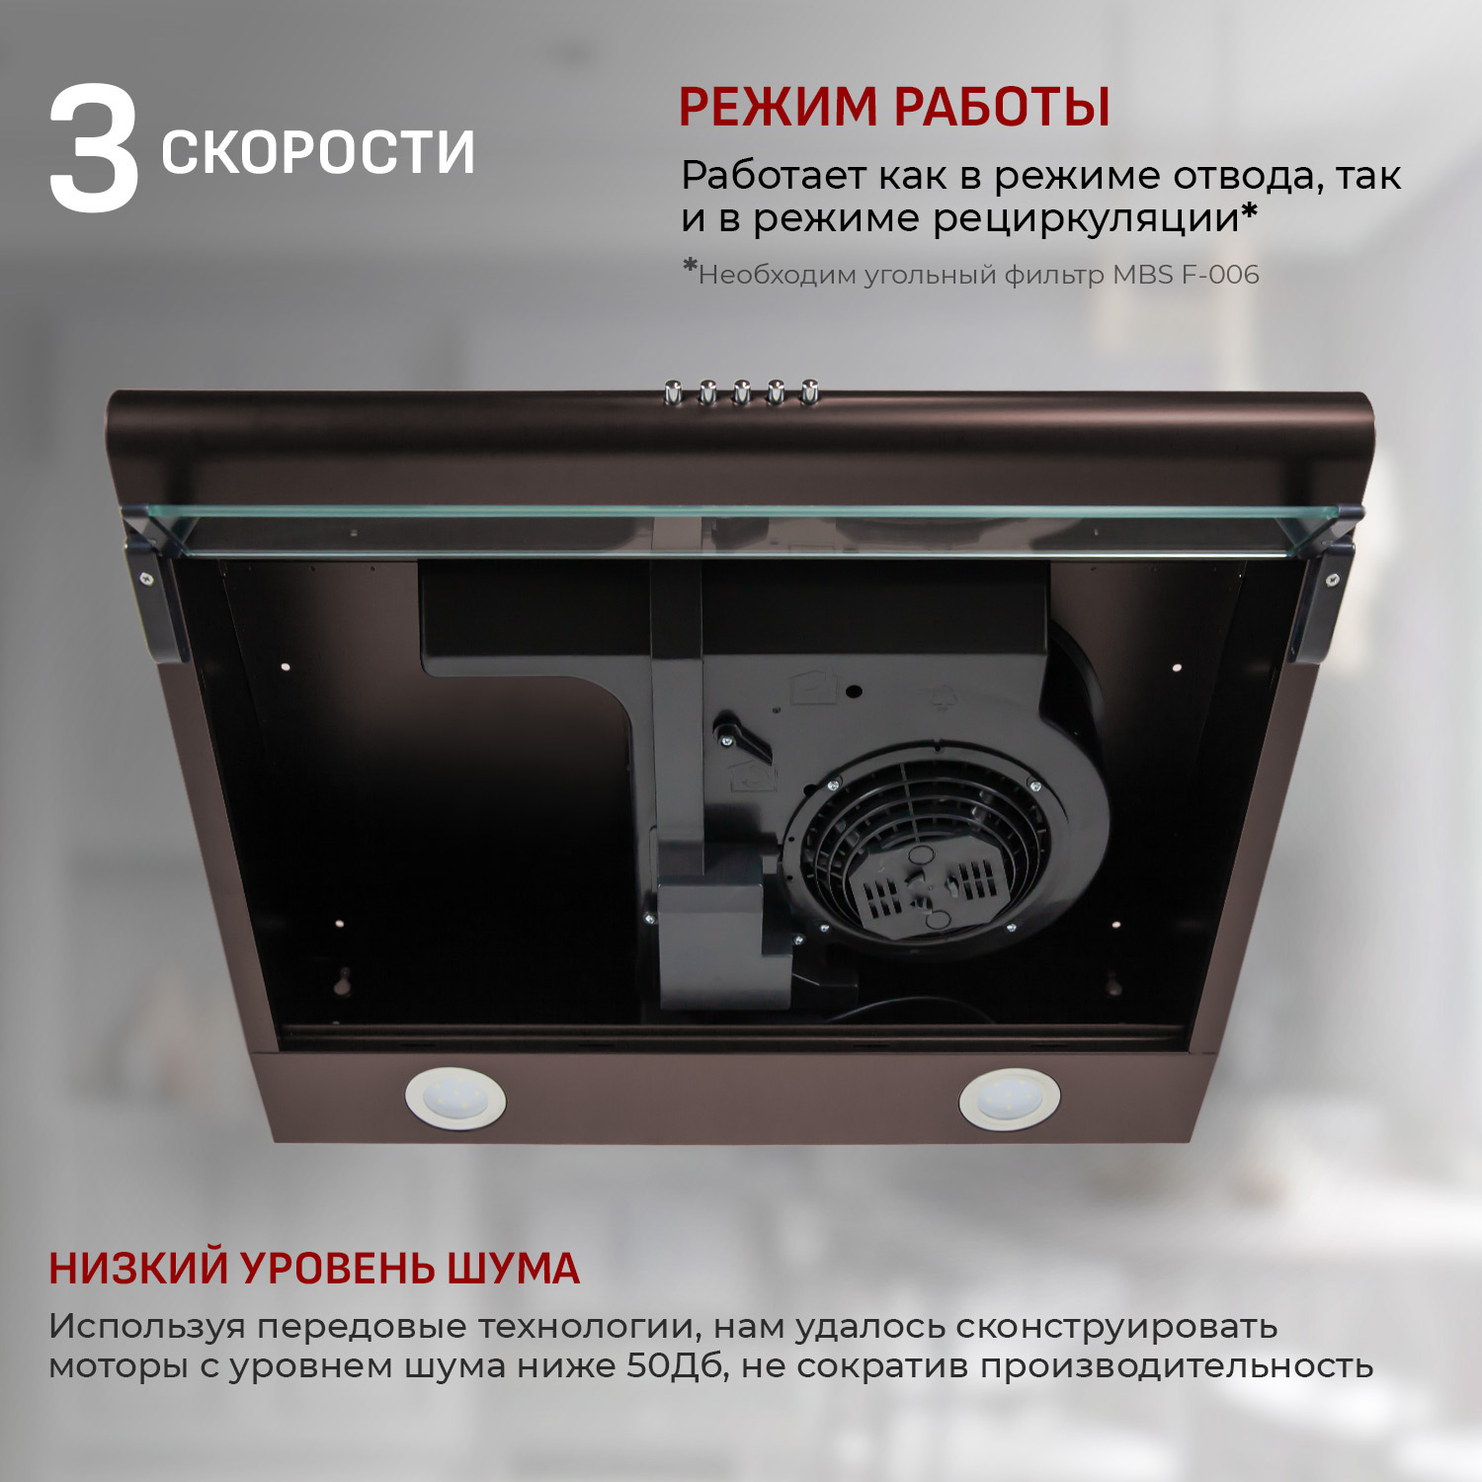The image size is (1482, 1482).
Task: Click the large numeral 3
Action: coord(94,150)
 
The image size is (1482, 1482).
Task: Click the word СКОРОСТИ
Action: coord(317,152)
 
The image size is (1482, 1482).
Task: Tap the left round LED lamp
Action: coord(455,1099)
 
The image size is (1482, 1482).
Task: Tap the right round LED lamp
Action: coord(1010,1098)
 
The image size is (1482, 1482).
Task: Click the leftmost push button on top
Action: coord(673,392)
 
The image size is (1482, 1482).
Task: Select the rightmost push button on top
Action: coord(809,390)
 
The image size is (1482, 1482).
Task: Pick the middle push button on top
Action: coord(741,392)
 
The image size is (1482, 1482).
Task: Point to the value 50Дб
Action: coord(676,1366)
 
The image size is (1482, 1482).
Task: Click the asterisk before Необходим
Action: coord(690,267)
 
